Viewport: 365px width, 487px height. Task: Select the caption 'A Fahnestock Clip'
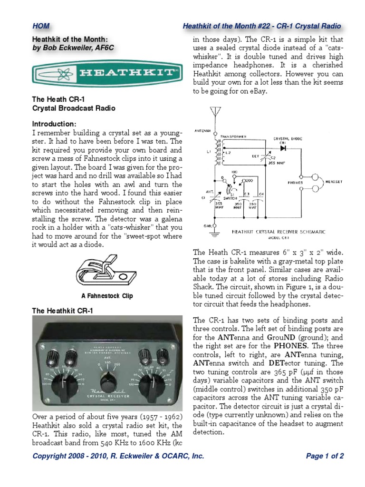(x=107, y=296)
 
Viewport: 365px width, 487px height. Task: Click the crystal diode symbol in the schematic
(x=284, y=148)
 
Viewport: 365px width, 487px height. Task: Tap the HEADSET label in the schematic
(x=335, y=182)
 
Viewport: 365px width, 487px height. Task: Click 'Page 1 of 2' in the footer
(x=325, y=456)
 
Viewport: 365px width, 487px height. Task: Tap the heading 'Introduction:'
(x=54, y=124)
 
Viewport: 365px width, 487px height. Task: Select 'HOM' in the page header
(x=40, y=27)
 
